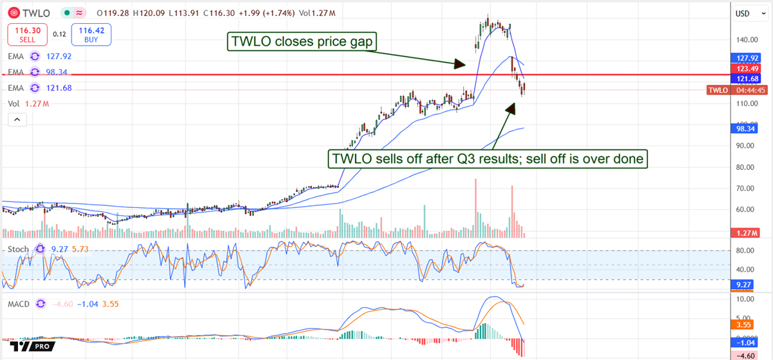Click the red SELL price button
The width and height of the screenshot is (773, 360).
pos(27,34)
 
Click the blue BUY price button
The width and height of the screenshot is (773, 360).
pos(91,34)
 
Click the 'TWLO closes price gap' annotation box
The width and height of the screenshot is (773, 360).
pos(302,43)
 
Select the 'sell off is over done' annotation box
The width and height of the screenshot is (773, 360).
pos(488,158)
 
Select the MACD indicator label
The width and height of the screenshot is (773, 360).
pos(19,303)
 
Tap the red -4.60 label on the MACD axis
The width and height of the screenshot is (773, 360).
pos(745,354)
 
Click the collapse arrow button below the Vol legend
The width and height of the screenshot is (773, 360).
pos(17,120)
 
